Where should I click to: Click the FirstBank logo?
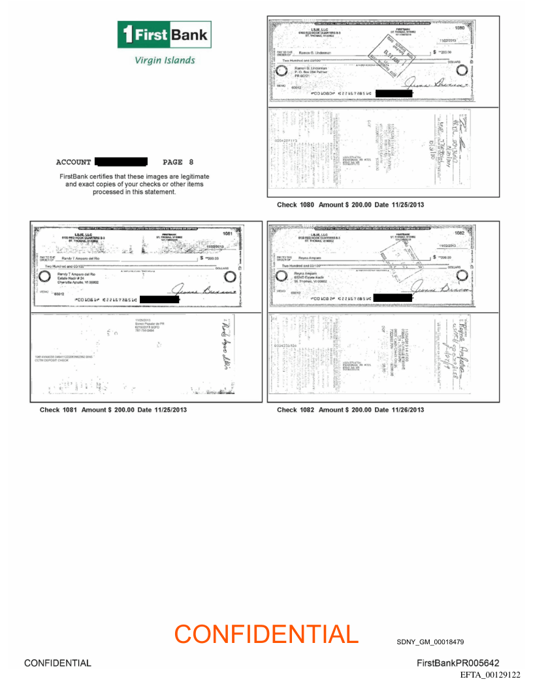click(164, 34)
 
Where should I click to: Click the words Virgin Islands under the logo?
click(165, 60)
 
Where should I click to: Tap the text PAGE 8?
click(178, 162)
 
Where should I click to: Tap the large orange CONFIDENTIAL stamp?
click(266, 634)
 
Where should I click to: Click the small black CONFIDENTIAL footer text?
click(57, 663)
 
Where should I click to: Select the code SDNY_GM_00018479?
click(430, 642)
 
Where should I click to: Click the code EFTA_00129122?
click(490, 674)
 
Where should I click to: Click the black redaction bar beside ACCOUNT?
click(121, 161)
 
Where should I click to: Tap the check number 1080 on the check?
click(459, 28)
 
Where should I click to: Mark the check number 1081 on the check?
click(227, 233)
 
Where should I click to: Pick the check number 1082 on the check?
click(459, 233)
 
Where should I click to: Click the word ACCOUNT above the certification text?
click(73, 162)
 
